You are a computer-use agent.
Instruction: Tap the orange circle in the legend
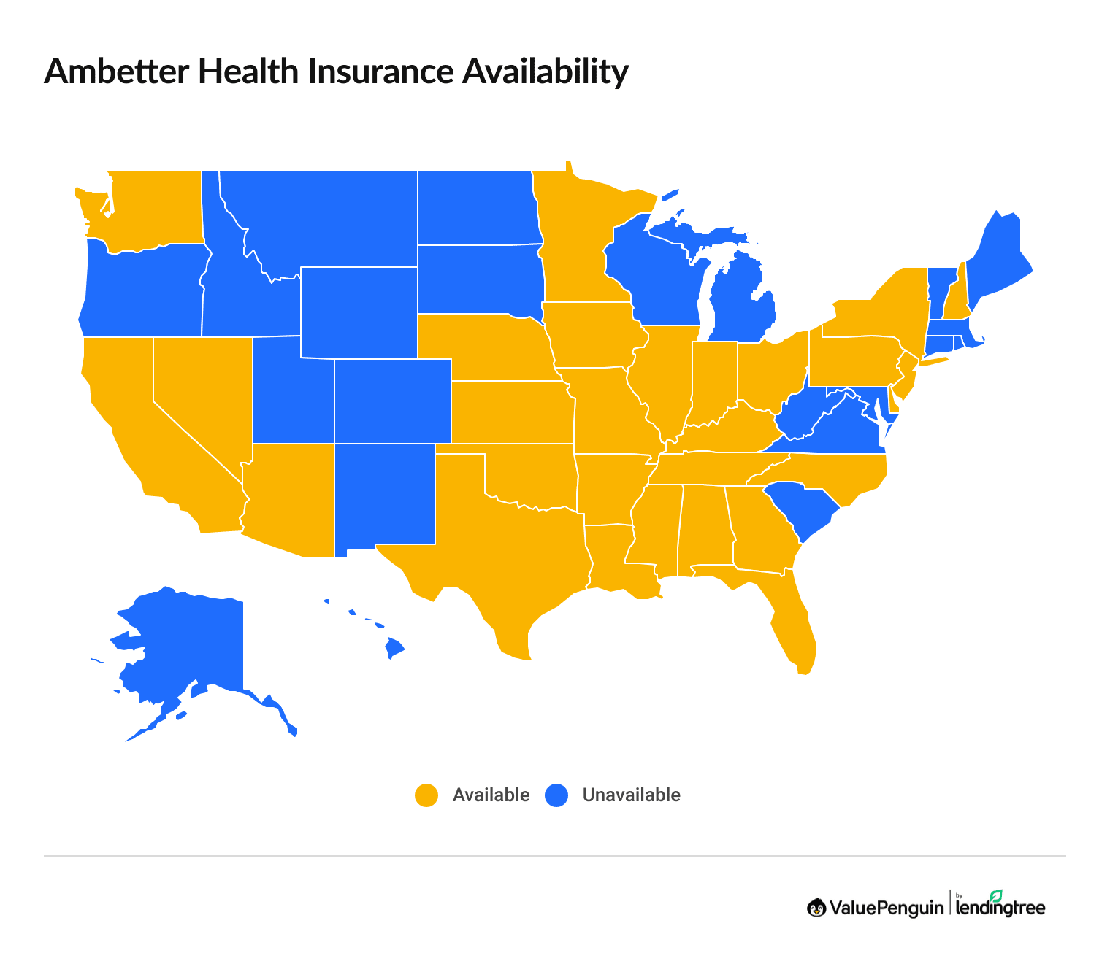pyautogui.click(x=426, y=795)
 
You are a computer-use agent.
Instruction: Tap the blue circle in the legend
pyautogui.click(x=556, y=795)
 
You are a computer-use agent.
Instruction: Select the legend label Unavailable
pyautogui.click(x=631, y=795)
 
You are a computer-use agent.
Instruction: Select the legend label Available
pyautogui.click(x=491, y=795)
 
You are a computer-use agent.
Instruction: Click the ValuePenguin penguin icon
pyautogui.click(x=816, y=908)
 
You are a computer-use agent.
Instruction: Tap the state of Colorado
pyautogui.click(x=392, y=401)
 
